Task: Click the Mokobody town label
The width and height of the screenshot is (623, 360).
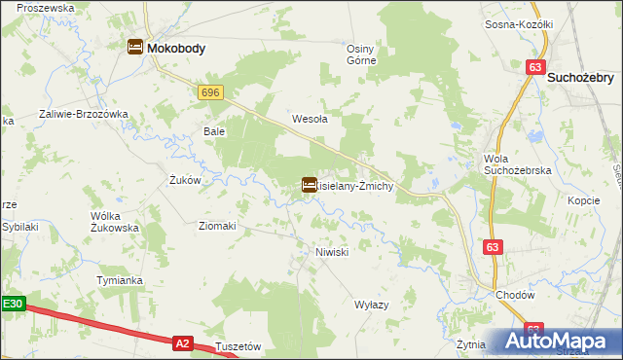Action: click(x=175, y=46)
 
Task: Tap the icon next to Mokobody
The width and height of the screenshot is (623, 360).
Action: click(x=134, y=46)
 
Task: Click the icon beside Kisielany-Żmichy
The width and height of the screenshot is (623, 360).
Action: click(x=309, y=185)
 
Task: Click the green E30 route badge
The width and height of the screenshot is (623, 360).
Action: click(x=12, y=305)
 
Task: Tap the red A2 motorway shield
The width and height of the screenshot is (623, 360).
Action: click(x=182, y=342)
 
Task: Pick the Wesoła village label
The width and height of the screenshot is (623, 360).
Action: click(x=310, y=120)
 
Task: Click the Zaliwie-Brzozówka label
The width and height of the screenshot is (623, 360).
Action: click(x=84, y=114)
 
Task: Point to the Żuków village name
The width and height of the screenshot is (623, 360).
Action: click(x=184, y=180)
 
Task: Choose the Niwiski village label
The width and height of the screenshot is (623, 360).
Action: click(x=332, y=252)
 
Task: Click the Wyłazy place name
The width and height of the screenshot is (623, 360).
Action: click(x=372, y=305)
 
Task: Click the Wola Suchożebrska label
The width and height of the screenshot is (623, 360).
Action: click(x=518, y=164)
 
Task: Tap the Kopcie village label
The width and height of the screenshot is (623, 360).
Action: click(x=583, y=199)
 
